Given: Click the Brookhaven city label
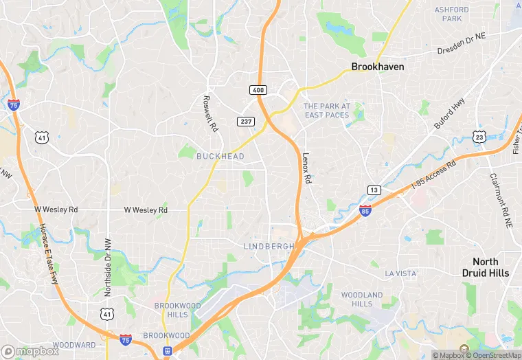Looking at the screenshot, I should pos(378,67).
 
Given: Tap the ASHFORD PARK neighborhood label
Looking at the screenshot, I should pos(452,14).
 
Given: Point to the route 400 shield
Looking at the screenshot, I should pos(257,90).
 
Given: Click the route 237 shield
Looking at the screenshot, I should pos(245,122).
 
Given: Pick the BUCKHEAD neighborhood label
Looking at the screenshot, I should pos(220,157).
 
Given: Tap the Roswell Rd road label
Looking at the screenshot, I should pos(210,113).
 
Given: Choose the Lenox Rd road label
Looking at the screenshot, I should pos(307,168).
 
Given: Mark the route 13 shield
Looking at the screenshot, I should pos(374,190).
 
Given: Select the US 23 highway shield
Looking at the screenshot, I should pos(479,137).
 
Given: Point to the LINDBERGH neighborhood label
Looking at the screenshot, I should pos(269,246).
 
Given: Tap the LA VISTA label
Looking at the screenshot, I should pos(401,273).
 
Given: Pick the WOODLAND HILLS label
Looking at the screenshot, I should pos(362,300).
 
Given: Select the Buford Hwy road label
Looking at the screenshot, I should pos(450,113).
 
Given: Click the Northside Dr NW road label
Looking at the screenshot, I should pos(109,267).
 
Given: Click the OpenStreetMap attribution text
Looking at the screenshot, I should pos(494,355).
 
